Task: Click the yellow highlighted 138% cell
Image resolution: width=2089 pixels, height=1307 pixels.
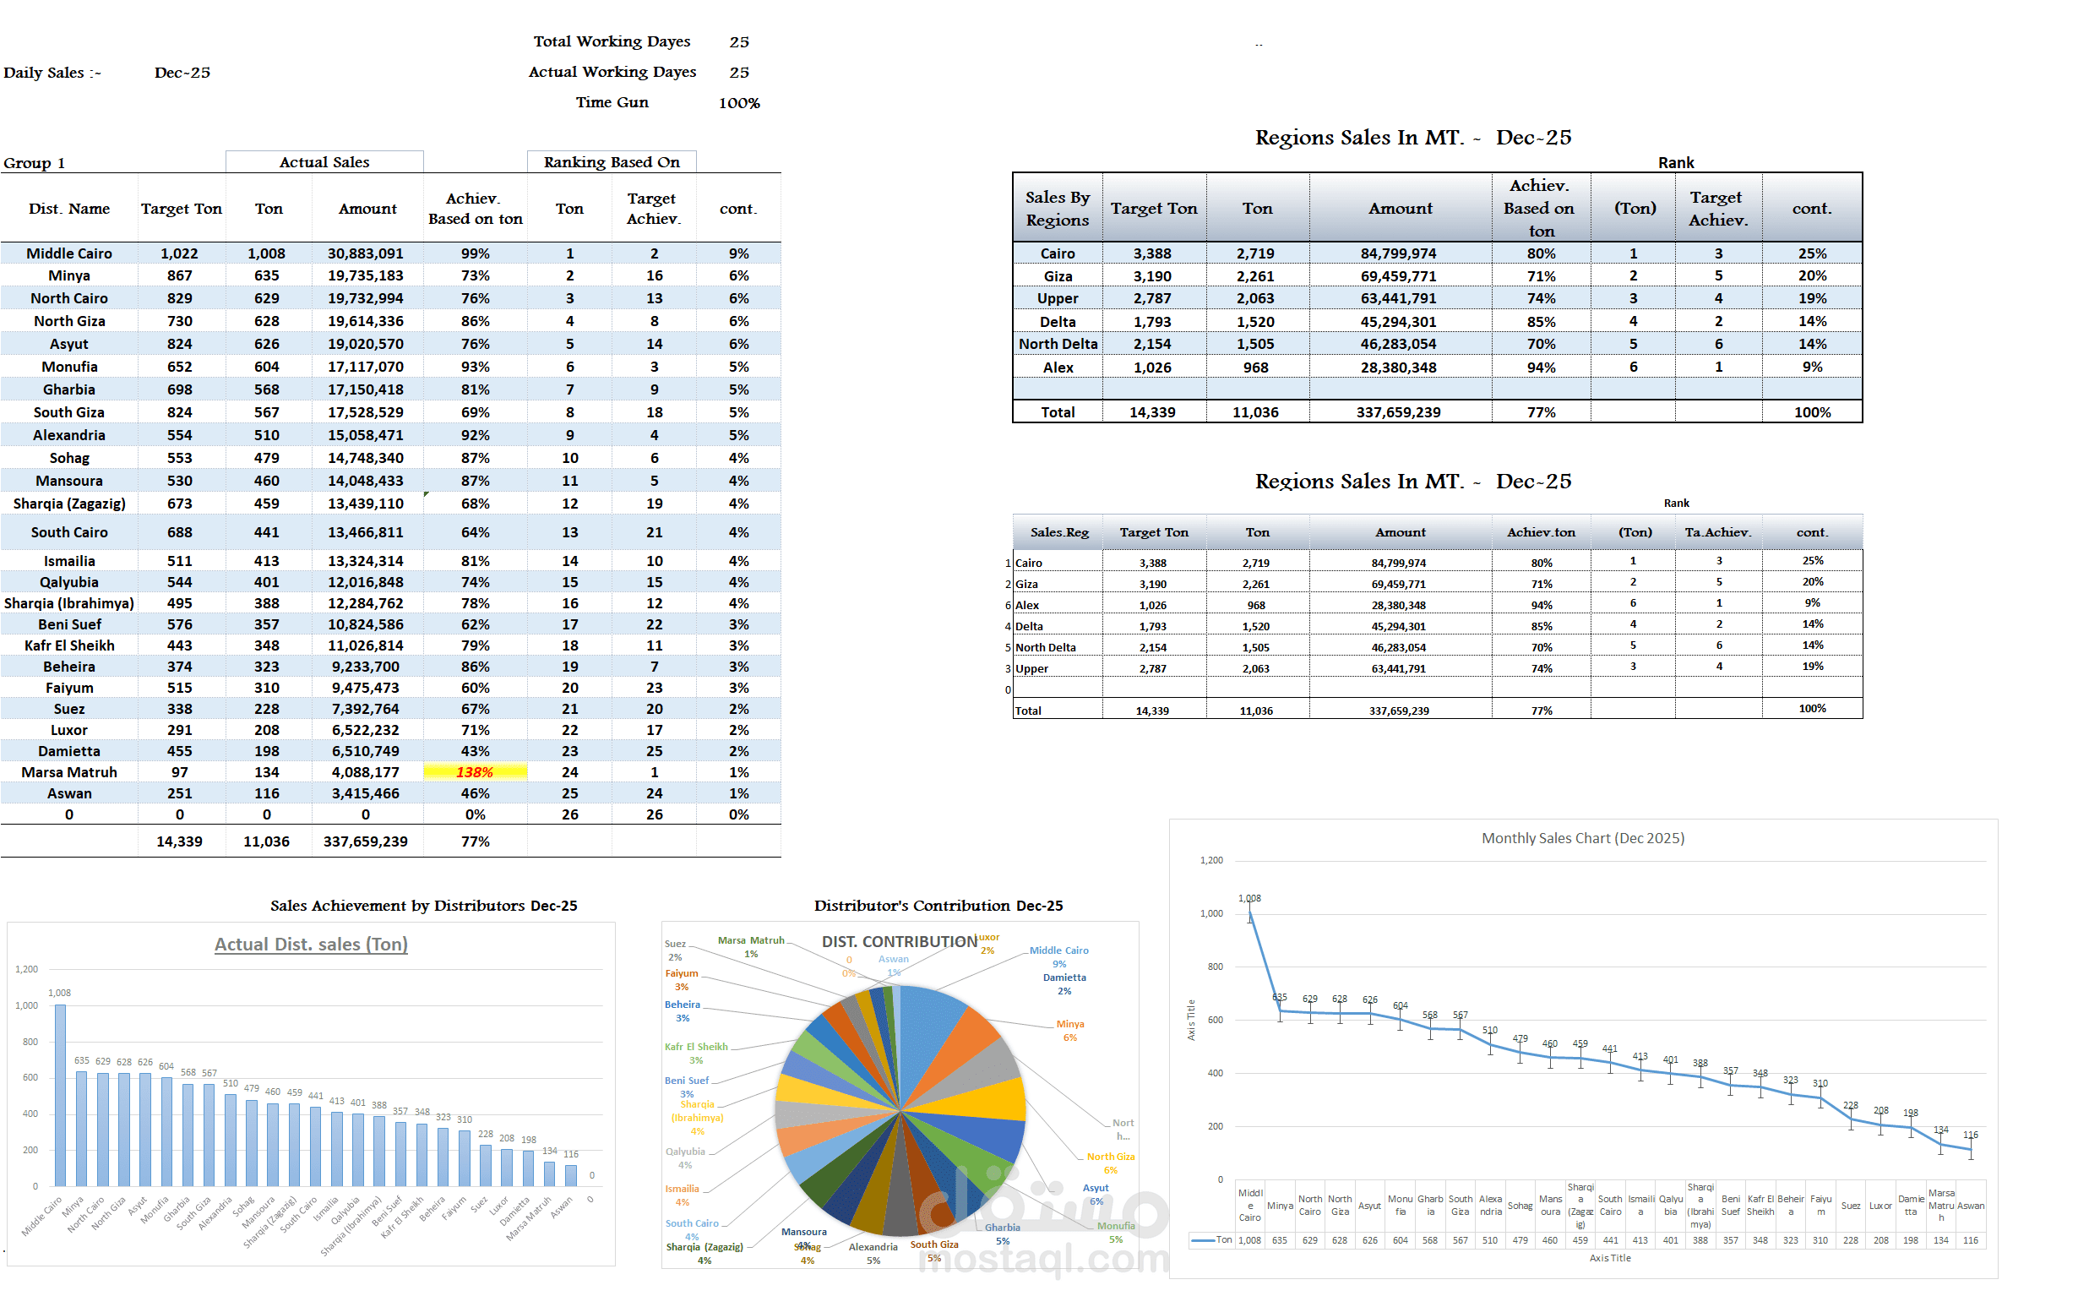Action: pyautogui.click(x=475, y=772)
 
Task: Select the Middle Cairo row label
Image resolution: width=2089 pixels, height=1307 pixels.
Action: pyautogui.click(x=69, y=253)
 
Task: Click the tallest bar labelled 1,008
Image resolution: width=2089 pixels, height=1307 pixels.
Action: pyautogui.click(x=60, y=1093)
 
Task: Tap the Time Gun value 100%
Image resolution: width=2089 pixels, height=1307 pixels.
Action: pyautogui.click(x=739, y=103)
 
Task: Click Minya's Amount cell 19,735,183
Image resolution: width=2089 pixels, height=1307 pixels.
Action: pyautogui.click(x=365, y=275)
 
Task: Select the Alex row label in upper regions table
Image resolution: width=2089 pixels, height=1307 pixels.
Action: pyautogui.click(x=1057, y=368)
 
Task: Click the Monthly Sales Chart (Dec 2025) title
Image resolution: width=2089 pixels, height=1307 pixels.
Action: pyautogui.click(x=1581, y=837)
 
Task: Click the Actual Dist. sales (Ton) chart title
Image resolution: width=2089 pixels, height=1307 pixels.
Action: pyautogui.click(x=310, y=944)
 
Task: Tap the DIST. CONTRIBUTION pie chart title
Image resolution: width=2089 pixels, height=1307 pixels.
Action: pyautogui.click(x=899, y=941)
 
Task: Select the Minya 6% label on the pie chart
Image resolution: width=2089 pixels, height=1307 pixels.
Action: pyautogui.click(x=1069, y=1031)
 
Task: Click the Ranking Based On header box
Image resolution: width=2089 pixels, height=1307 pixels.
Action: pyautogui.click(x=611, y=161)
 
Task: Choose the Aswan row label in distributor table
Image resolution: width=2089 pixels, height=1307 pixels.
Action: pyautogui.click(x=69, y=793)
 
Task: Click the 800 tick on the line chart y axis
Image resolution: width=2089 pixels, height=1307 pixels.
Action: pyautogui.click(x=1215, y=967)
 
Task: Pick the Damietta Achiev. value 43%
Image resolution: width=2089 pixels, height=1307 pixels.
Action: pyautogui.click(x=475, y=751)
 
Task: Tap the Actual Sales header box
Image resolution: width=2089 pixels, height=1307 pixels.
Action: pyautogui.click(x=324, y=161)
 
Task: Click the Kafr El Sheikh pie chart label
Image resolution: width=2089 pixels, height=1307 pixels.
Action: pyautogui.click(x=696, y=1047)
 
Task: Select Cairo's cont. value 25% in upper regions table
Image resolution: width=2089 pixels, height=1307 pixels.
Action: pyautogui.click(x=1812, y=253)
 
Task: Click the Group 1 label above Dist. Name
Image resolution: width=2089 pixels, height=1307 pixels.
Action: pyautogui.click(x=35, y=163)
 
